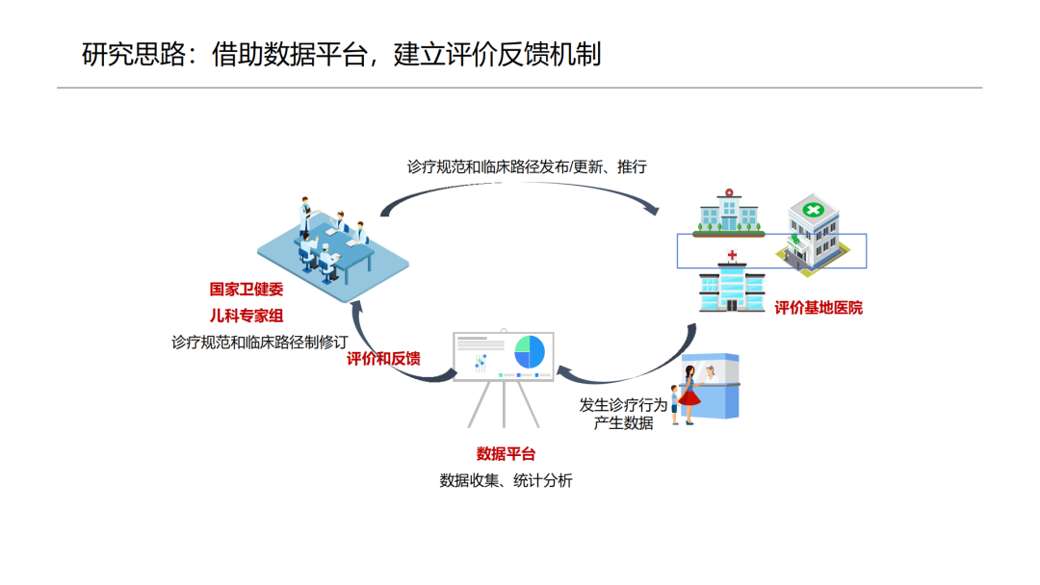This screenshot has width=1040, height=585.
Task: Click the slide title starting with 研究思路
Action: (x=342, y=54)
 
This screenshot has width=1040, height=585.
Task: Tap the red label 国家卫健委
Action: (x=247, y=289)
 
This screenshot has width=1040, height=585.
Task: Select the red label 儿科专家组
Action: (x=247, y=316)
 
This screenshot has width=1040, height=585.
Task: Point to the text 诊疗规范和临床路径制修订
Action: (x=259, y=342)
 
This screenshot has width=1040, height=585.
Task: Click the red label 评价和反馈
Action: (x=383, y=359)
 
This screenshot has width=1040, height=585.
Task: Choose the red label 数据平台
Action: (x=506, y=454)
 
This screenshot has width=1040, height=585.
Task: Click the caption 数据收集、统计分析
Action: (x=506, y=480)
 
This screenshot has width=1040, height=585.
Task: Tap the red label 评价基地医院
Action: (x=819, y=307)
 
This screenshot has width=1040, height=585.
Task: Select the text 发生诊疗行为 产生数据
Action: (x=623, y=414)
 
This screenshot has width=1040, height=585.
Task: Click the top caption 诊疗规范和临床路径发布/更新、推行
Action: (x=527, y=167)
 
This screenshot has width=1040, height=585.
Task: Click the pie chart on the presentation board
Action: (x=530, y=352)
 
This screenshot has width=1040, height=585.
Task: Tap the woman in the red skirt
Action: (x=689, y=394)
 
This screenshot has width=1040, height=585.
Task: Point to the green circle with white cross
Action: (x=813, y=211)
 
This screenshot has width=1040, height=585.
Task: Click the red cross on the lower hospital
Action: (x=732, y=255)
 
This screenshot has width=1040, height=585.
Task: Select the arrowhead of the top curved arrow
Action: (x=653, y=210)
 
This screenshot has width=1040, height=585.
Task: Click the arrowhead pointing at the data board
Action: (x=562, y=371)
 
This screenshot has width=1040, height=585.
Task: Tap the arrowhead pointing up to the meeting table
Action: (x=356, y=306)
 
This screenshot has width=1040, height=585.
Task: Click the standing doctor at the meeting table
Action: (x=305, y=216)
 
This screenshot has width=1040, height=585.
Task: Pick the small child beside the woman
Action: (x=675, y=404)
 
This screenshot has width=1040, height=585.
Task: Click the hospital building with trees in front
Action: (x=728, y=213)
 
